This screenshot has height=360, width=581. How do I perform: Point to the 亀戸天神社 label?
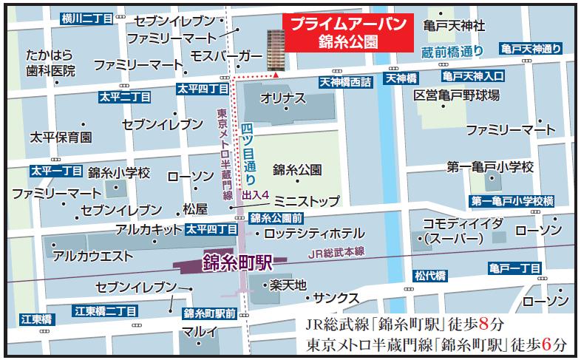[455, 26]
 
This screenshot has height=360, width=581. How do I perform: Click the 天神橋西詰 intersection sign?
[347, 81]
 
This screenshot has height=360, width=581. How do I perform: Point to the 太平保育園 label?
[61, 137]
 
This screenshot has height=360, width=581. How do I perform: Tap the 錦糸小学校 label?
[119, 173]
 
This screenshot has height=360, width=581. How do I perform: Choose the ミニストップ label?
[306, 201]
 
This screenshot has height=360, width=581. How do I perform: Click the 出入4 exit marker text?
[256, 195]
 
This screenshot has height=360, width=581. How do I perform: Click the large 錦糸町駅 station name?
[238, 262]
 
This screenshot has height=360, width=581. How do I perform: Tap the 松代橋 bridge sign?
[429, 276]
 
